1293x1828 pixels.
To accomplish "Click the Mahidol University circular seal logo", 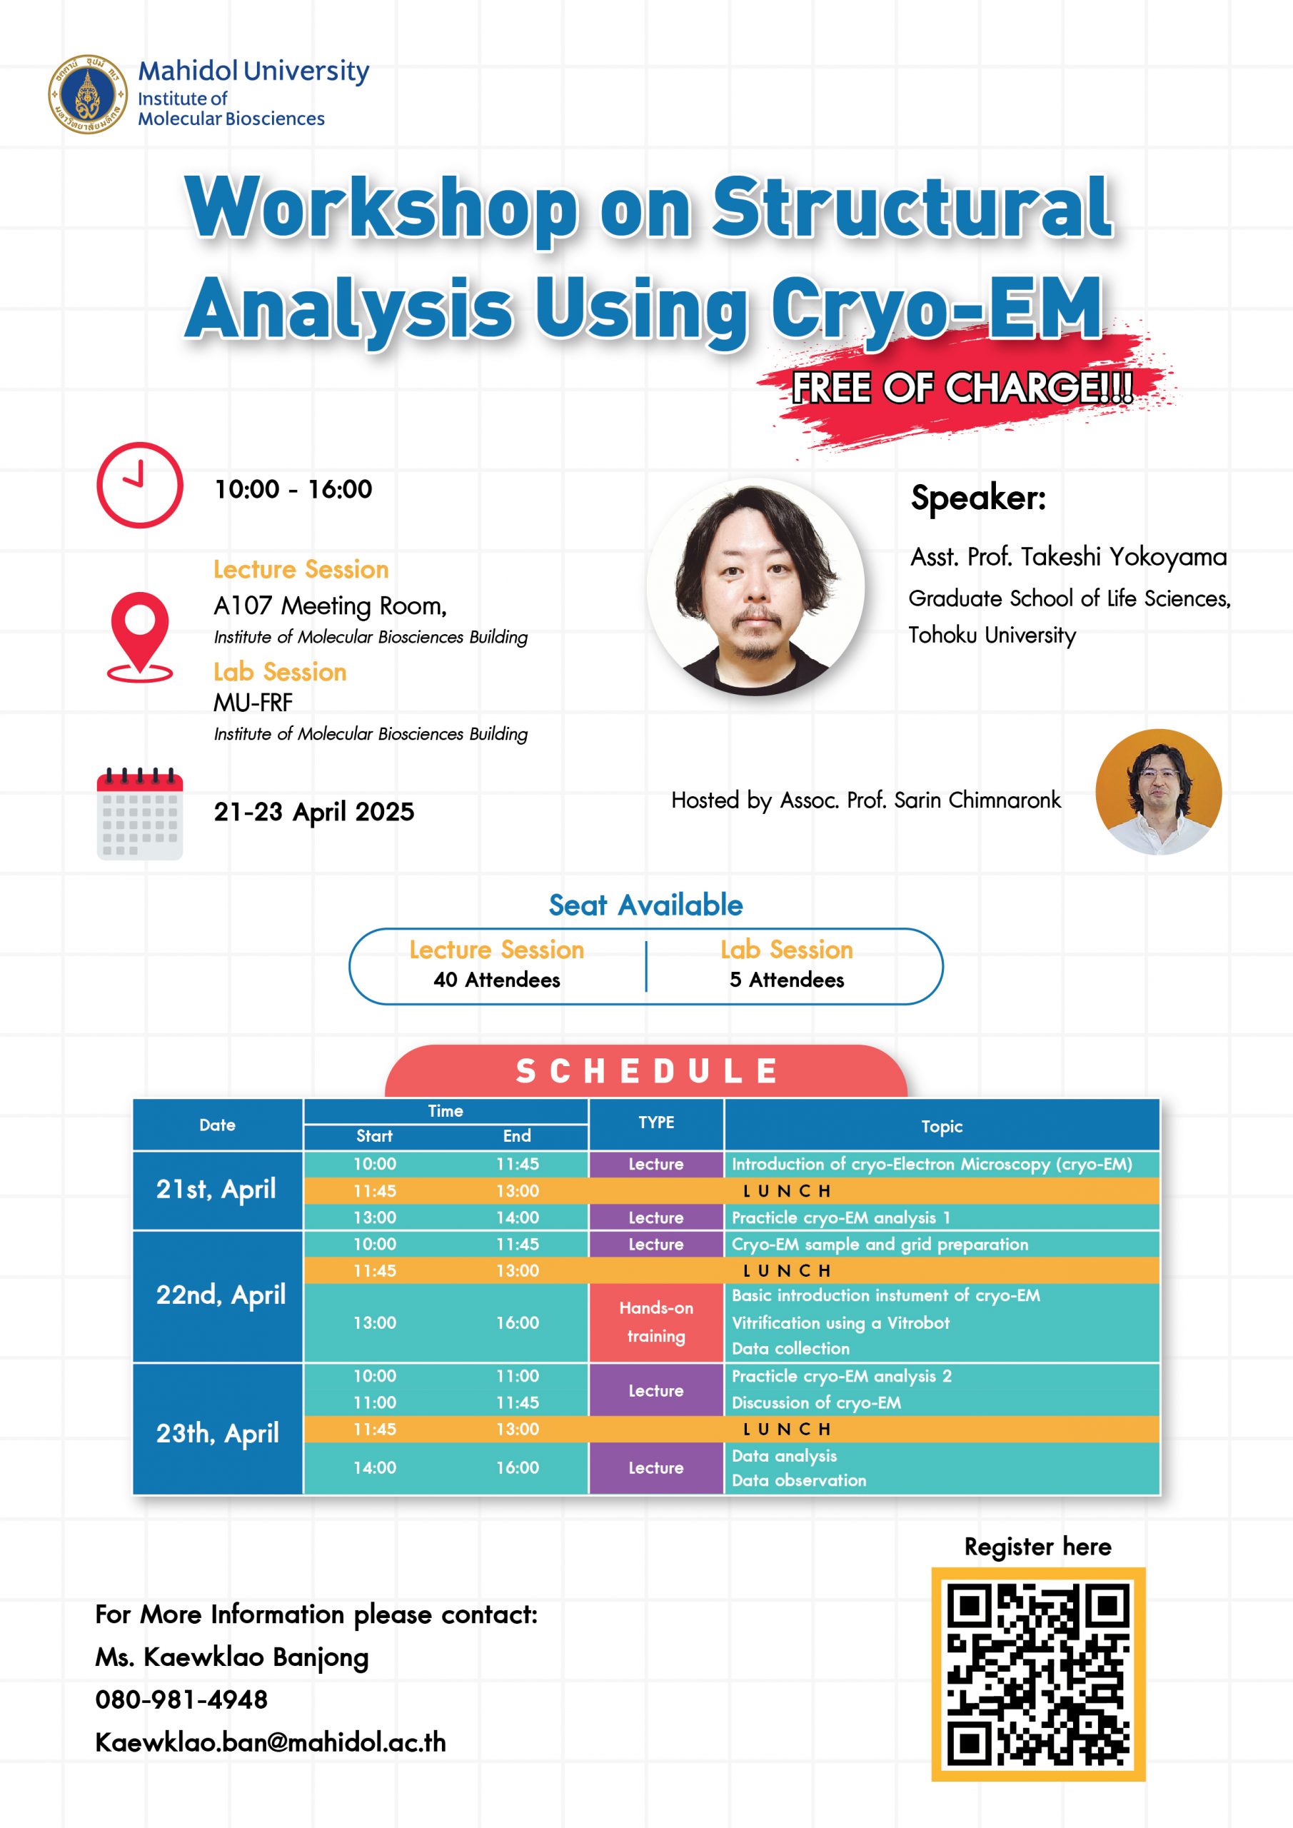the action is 88,94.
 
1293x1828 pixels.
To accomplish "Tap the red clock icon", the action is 139,485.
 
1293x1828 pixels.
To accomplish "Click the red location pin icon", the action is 140,637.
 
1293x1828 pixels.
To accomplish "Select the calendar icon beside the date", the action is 139,814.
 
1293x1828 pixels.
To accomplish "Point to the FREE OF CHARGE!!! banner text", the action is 962,388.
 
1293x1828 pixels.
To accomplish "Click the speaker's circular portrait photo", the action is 755,587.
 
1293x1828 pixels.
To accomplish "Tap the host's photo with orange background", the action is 1159,792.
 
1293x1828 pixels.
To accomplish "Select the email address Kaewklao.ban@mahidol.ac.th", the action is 271,1742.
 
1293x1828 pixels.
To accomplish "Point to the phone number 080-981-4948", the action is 181,1699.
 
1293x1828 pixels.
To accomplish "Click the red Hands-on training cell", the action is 656,1322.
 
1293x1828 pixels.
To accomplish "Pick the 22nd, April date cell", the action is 218,1297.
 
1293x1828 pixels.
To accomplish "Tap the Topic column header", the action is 942,1126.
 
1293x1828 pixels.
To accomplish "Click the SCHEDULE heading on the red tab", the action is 647,1071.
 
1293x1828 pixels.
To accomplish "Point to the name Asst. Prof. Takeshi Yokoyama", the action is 1069,556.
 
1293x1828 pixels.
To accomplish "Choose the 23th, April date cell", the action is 218,1433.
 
